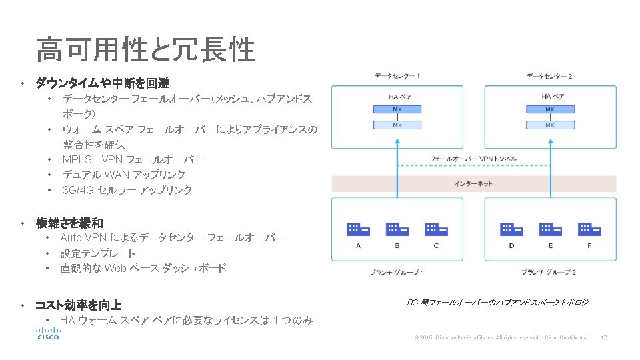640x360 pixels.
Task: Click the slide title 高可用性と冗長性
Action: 146,49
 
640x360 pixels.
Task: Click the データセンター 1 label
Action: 397,76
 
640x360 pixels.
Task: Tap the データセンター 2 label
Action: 550,76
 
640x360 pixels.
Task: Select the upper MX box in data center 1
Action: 397,109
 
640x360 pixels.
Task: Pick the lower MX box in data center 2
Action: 550,125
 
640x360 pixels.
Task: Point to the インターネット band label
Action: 473,183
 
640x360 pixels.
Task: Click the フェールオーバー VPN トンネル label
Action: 473,159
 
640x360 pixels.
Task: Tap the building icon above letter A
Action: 358,229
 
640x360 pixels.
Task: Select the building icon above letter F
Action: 589,229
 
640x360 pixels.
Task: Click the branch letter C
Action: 436,245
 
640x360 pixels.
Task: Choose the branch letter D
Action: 511,245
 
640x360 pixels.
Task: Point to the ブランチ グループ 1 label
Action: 397,272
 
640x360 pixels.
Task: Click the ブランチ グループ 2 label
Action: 549,272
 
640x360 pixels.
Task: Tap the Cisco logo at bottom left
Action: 48,333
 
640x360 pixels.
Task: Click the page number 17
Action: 603,337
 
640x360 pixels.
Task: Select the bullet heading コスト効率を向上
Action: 78,305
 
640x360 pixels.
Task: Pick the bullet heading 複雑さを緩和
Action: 69,223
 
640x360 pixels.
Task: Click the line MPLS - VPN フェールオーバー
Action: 133,159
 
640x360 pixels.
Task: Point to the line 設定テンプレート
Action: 98,253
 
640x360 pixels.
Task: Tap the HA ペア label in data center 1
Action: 397,97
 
